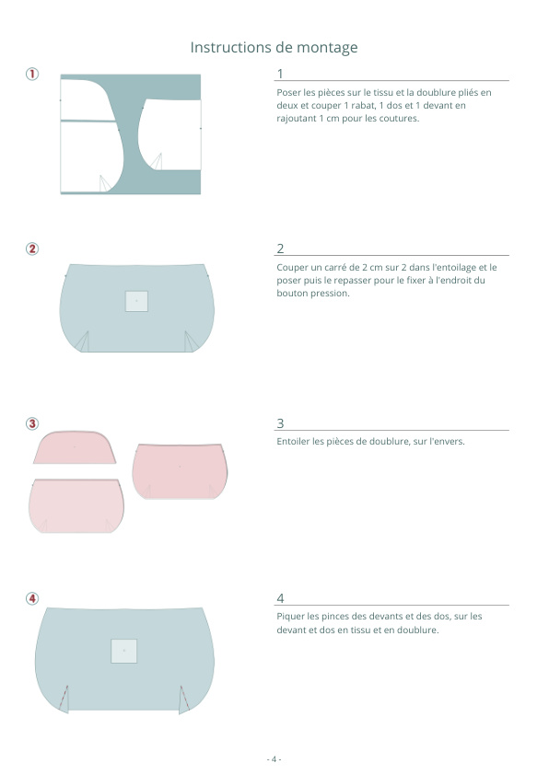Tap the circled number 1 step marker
32,75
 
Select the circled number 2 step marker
32,249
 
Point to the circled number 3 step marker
32,423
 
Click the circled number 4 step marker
32,598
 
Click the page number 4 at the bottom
274,758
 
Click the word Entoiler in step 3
293,442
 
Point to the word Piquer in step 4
290,617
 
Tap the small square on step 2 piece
136,301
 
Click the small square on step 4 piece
123,651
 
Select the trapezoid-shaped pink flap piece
75,447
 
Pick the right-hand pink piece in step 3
180,471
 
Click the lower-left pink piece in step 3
76,505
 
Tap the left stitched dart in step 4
64,699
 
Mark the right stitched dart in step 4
184,700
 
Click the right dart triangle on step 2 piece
191,341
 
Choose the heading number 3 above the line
280,423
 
